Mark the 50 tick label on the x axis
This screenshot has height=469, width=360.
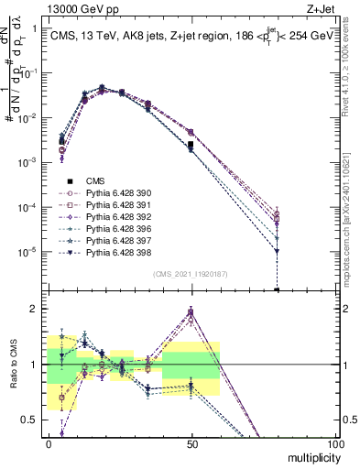pyautogui.click(x=191, y=442)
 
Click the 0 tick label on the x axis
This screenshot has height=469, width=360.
pyautogui.click(x=49, y=442)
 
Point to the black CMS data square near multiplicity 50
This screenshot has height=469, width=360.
pyautogui.click(x=191, y=145)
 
